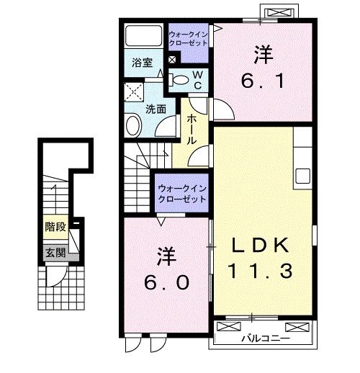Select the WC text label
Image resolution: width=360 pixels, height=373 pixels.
pos(197,78)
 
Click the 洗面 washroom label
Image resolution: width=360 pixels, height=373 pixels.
pos(156,109)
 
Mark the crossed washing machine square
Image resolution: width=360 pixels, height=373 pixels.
pos(133,91)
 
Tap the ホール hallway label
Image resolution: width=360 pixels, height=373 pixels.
pos(192,130)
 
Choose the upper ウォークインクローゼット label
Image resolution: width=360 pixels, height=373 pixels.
pos(189,38)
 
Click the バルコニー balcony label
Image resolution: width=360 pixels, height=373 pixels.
pos(265,337)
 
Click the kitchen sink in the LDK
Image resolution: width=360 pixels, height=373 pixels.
pos(302,175)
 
